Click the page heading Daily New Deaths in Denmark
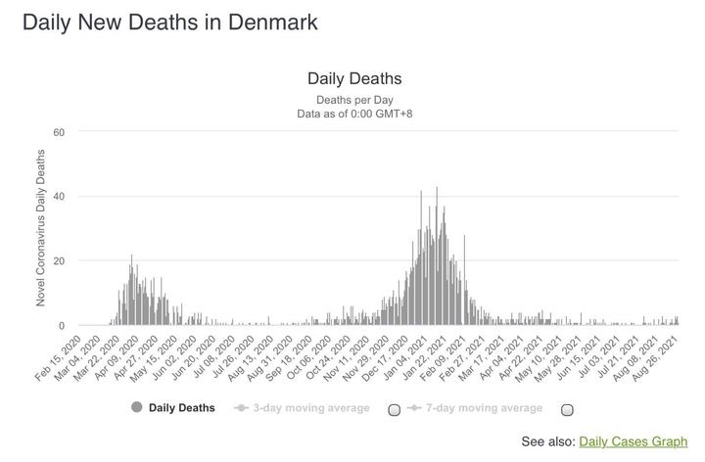169,23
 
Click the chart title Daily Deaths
354,78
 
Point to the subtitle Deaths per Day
354,100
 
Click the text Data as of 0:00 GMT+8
354,115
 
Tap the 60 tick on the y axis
58,132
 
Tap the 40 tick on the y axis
58,197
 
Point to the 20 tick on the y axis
58,261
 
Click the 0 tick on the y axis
61,326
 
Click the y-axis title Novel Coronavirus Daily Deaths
41,228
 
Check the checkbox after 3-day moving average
395,409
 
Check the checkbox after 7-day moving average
567,409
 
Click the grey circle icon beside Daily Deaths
136,408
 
